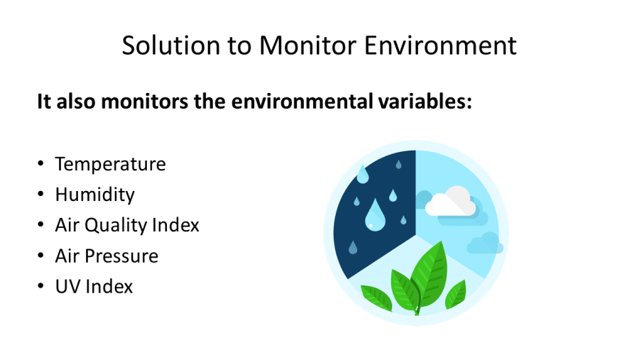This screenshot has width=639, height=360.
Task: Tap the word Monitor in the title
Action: pos(308,45)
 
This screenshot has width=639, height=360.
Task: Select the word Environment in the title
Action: pos(440,45)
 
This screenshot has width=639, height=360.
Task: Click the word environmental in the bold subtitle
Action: pos(302,101)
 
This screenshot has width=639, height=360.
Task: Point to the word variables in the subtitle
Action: pos(425,101)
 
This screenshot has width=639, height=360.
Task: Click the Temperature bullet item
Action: pos(111,164)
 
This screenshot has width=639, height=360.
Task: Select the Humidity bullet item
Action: pos(94,195)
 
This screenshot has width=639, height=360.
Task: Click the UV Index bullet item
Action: pos(94,287)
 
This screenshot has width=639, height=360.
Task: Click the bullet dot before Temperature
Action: pos(40,164)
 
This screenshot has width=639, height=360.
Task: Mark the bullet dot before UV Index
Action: pos(40,286)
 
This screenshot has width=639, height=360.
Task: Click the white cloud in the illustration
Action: pos(450,202)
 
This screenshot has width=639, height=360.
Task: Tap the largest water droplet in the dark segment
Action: pos(374,215)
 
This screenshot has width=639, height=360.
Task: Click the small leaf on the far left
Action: pos(376,298)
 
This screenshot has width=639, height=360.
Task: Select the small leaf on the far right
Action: pos(456,295)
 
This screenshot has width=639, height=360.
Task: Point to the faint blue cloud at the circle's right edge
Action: pos(484,243)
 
